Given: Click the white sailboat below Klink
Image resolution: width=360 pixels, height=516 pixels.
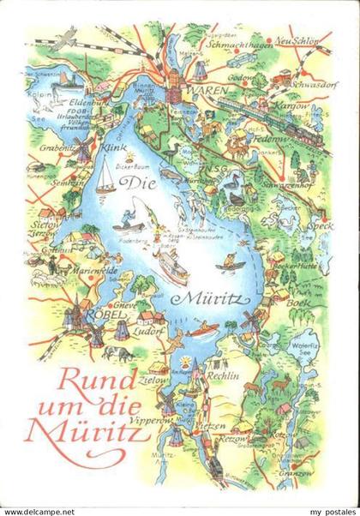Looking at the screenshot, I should (105, 177).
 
